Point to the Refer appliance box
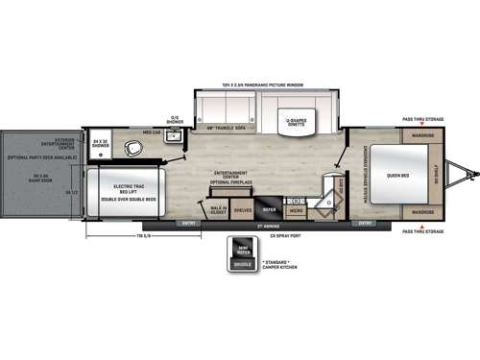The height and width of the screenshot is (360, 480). click(x=270, y=208)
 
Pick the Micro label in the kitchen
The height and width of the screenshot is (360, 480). click(x=297, y=209)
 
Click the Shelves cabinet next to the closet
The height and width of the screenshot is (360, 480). click(x=242, y=208)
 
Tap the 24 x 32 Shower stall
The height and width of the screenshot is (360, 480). click(x=100, y=145)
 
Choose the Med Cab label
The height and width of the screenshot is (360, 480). click(x=152, y=132)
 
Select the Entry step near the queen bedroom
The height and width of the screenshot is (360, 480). click(x=365, y=223)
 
